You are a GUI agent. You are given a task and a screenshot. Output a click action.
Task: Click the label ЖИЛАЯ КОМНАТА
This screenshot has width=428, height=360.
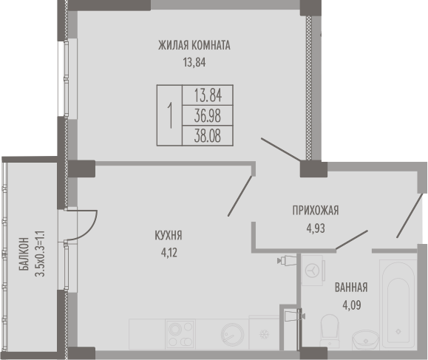pyautogui.click(x=194, y=45)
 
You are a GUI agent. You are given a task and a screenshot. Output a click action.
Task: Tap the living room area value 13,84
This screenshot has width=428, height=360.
pyautogui.click(x=194, y=63)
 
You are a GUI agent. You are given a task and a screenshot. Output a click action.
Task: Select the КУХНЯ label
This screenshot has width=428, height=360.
pyautogui.click(x=169, y=235)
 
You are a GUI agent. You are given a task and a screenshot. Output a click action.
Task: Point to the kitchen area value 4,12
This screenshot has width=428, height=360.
pyautogui.click(x=169, y=253)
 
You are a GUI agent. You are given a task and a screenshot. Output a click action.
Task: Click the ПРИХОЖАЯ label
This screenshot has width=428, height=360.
pyautogui.click(x=316, y=211)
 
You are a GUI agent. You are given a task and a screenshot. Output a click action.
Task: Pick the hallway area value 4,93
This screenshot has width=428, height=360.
pyautogui.click(x=316, y=228)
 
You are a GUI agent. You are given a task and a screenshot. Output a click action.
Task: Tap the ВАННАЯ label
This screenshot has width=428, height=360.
pyautogui.click(x=351, y=288)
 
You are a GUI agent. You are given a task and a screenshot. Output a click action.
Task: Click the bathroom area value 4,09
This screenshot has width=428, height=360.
pyautogui.click(x=352, y=305)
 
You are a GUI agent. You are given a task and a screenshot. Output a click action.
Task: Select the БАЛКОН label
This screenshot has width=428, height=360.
pyautogui.click(x=24, y=254)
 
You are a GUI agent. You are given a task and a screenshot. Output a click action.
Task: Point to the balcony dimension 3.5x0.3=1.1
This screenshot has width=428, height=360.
pyautogui.click(x=40, y=254)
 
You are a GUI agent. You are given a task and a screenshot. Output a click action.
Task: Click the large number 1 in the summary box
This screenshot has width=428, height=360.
pyautogui.click(x=170, y=115)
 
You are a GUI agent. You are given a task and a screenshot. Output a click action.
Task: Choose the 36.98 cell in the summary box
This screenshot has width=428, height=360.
pyautogui.click(x=208, y=115)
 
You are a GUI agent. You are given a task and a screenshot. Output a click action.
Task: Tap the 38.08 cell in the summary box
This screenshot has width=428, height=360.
pyautogui.click(x=208, y=136)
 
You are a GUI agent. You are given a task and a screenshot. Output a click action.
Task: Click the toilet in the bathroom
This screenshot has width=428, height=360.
pyautogui.click(x=330, y=330)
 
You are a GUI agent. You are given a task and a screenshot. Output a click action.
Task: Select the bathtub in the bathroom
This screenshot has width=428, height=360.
pyautogui.click(x=398, y=304)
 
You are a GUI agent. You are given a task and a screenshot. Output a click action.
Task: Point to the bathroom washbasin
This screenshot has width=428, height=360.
pyautogui.click(x=365, y=340)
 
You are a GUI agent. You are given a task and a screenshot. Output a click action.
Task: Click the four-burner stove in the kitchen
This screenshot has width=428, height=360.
pyautogui.click(x=180, y=334)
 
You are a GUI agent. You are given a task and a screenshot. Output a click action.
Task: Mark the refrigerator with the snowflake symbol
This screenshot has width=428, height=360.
pyautogui.click(x=264, y=333)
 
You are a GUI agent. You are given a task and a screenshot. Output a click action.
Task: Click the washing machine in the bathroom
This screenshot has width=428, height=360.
pyautogui.click(x=313, y=271)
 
